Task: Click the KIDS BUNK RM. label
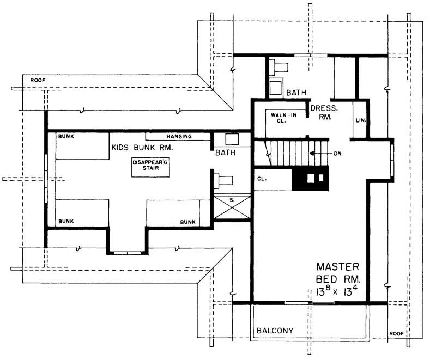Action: click(x=142, y=148)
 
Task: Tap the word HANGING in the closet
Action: click(x=179, y=136)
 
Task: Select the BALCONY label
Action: click(x=275, y=331)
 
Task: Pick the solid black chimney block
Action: click(x=311, y=179)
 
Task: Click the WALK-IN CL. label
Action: click(x=278, y=117)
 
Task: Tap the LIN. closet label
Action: click(x=360, y=120)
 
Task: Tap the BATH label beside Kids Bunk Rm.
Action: click(x=225, y=153)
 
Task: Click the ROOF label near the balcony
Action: click(x=397, y=333)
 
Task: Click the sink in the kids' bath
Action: click(x=231, y=138)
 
